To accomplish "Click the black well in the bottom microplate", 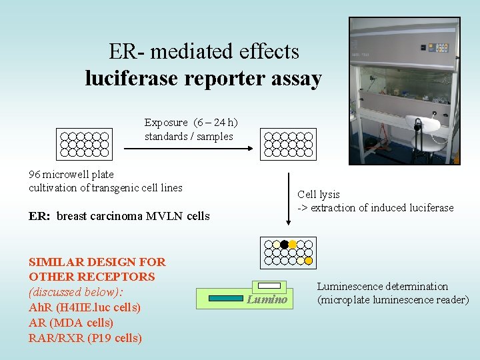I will click(284, 245).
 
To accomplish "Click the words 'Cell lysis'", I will click(319, 195).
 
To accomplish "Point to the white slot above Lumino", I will click(269, 285).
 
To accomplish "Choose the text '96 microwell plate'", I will click(71, 175).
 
